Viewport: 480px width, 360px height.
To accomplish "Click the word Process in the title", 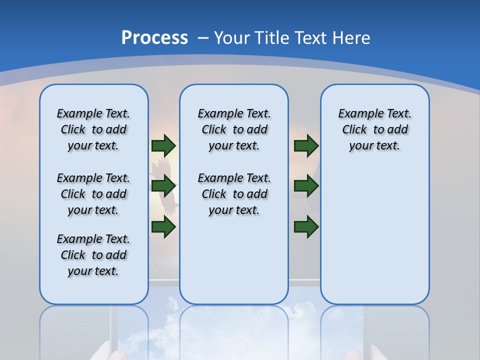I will pos(154,37).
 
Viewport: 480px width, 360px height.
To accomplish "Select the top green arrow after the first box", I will pos(163,145).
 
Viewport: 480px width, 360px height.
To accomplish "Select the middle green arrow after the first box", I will pos(163,186).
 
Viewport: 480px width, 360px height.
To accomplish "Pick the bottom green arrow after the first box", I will pos(163,227).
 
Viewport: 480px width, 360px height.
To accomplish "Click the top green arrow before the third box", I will pos(306,145).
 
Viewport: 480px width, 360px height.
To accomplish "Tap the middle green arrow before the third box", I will pos(306,186).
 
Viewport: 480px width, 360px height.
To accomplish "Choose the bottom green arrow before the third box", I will pos(306,227).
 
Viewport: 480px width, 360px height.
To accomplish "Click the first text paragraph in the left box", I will pos(93,129).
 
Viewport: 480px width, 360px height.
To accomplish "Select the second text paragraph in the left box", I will pos(93,194).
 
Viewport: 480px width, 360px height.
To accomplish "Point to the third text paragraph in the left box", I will pos(93,255).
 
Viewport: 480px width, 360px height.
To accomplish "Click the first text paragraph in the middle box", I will pos(234,129).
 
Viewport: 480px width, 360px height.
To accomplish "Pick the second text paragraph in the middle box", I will pos(234,194).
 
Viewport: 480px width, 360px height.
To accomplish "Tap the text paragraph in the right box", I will pos(374,129).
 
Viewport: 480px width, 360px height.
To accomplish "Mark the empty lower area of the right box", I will pos(374,240).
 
